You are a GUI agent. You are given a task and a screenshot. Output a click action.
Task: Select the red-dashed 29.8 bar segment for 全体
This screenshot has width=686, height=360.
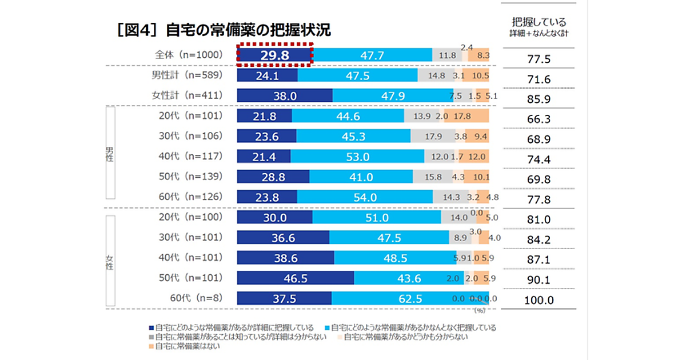pos(274,55)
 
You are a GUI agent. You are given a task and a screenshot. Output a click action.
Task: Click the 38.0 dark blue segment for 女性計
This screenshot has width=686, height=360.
pos(284,96)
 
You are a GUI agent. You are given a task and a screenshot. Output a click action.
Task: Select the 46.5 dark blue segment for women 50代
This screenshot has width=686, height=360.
pos(295,278)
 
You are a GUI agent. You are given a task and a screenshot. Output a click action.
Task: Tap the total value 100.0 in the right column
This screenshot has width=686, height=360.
pos(539,300)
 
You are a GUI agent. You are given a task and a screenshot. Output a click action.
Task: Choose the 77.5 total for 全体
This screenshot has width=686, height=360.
pos(539,59)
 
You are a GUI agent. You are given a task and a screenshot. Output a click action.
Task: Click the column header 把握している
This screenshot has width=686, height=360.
pos(539,23)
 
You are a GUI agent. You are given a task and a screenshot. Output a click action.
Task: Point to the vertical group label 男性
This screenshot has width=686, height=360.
pos(109,154)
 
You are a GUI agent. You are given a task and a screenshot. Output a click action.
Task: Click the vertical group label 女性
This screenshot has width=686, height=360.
pos(109,262)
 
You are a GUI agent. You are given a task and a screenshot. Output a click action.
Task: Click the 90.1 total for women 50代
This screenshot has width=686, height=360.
pos(539,280)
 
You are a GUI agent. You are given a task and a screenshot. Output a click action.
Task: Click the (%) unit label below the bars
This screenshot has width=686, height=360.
pos(478,311)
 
